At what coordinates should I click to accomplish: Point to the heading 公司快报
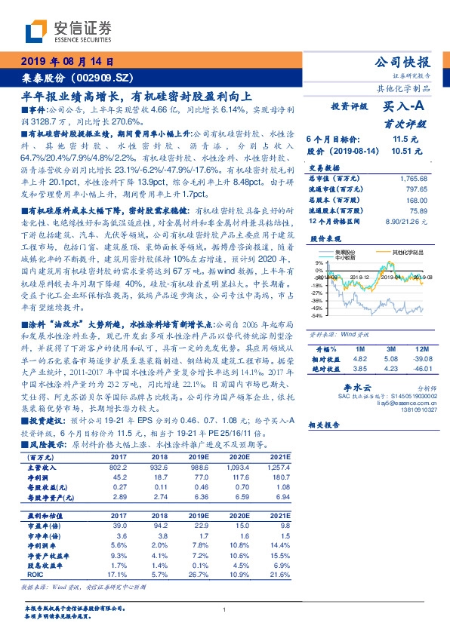point(402,62)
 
